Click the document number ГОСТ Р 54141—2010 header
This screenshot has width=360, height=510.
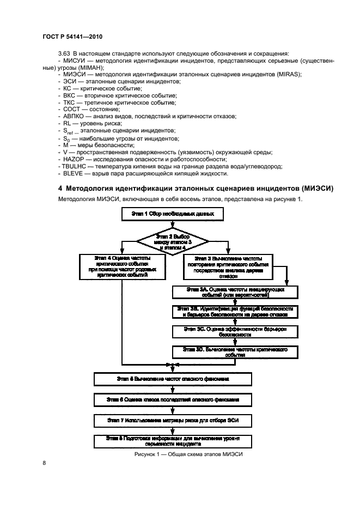point(72,36)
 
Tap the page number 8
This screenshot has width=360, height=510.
point(44,463)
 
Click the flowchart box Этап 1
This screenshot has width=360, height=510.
point(173,215)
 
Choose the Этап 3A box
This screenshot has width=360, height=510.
point(235,292)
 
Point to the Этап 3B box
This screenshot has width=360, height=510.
point(235,311)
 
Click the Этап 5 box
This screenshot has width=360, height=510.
point(172,378)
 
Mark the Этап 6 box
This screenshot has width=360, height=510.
point(172,399)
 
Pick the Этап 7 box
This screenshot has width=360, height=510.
point(172,420)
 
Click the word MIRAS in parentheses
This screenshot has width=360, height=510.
point(289,74)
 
